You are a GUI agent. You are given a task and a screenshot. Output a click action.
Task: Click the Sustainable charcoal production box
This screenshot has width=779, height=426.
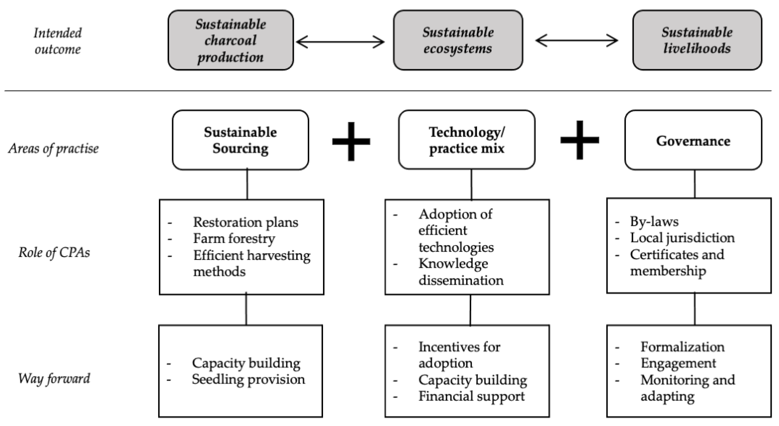point(230,40)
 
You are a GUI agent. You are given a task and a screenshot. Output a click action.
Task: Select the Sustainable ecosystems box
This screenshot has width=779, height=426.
point(458,40)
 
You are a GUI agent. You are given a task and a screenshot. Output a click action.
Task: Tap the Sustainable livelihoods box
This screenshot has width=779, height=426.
point(697,40)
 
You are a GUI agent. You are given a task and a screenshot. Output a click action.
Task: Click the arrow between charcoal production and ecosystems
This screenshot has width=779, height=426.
point(340,42)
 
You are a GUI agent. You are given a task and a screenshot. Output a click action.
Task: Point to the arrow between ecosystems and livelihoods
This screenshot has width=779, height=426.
point(576,41)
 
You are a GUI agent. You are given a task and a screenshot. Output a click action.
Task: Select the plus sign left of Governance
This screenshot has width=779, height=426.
point(579,140)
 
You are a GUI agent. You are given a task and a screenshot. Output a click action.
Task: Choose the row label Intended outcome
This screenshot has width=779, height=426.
point(57,41)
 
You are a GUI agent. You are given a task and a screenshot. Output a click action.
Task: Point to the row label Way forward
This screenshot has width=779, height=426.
point(54,378)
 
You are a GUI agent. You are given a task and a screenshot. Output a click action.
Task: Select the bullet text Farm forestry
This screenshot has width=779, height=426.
point(234,239)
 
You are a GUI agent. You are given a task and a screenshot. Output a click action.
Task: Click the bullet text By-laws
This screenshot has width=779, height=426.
point(654,222)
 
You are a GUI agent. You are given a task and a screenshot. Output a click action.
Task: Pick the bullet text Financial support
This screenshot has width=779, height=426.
point(471,396)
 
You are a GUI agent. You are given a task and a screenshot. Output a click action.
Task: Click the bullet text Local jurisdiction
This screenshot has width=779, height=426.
point(682,238)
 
